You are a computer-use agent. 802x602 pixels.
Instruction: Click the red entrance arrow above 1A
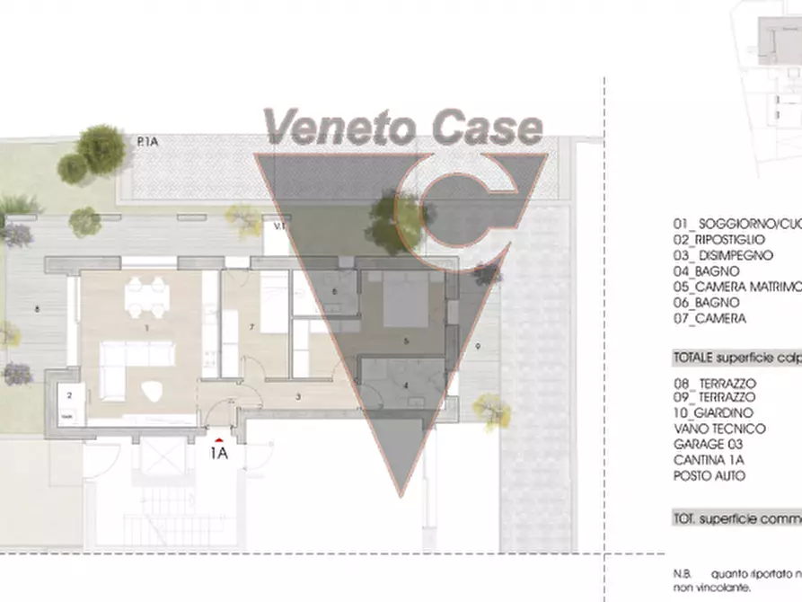[x=218, y=440]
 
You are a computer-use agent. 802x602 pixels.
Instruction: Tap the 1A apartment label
[x=218, y=454]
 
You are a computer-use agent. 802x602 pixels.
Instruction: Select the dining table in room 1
[x=146, y=297]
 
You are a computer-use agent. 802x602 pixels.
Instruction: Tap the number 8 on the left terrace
[x=36, y=309]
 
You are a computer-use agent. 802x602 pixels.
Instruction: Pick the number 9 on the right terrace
[x=478, y=346]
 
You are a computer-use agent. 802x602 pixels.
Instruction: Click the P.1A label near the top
[x=148, y=141]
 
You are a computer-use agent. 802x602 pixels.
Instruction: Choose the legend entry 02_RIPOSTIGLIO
[x=718, y=240]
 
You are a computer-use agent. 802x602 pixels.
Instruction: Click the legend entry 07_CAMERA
[x=709, y=318]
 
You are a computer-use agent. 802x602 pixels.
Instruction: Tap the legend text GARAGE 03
[x=707, y=444]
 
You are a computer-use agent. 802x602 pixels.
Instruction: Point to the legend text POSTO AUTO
[x=709, y=476]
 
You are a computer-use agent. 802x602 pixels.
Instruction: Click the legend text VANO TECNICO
[x=719, y=429]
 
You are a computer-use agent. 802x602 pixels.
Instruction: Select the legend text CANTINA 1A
[x=708, y=460]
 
